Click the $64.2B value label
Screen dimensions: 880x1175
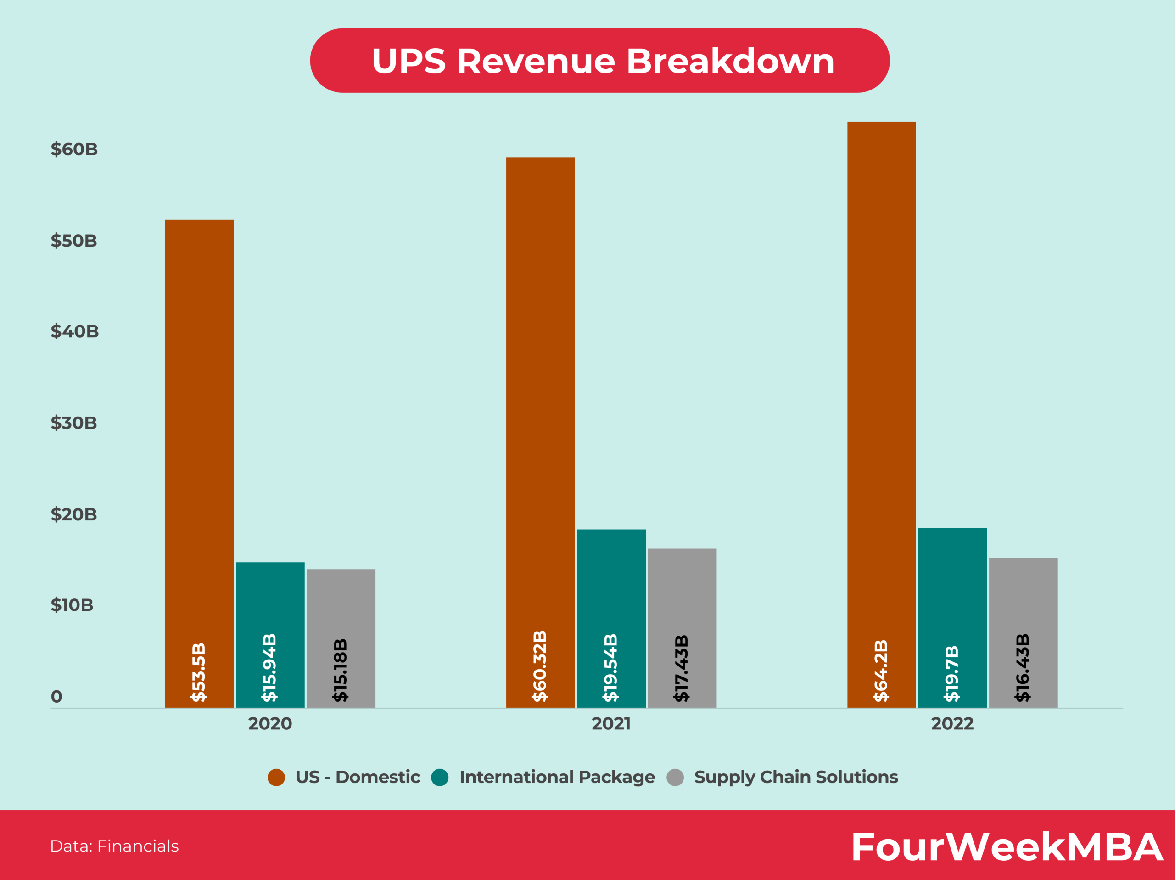(x=881, y=671)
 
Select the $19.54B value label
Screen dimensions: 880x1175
(x=611, y=667)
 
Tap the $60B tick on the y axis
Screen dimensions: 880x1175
(x=74, y=149)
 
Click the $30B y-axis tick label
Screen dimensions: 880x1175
(x=74, y=423)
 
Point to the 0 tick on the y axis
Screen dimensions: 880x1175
(x=56, y=697)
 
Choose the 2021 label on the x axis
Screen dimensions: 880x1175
(x=611, y=724)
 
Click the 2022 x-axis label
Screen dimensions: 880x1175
(x=952, y=724)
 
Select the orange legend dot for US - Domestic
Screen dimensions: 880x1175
(x=276, y=778)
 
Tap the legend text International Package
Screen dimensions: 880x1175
(x=557, y=777)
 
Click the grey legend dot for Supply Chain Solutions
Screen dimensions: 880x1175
(x=675, y=778)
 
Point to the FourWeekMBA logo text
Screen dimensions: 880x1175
(x=1007, y=847)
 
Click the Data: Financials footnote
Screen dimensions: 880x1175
(x=114, y=846)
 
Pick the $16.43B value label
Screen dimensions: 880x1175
(x=1023, y=667)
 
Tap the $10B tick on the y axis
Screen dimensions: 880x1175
(x=72, y=605)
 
